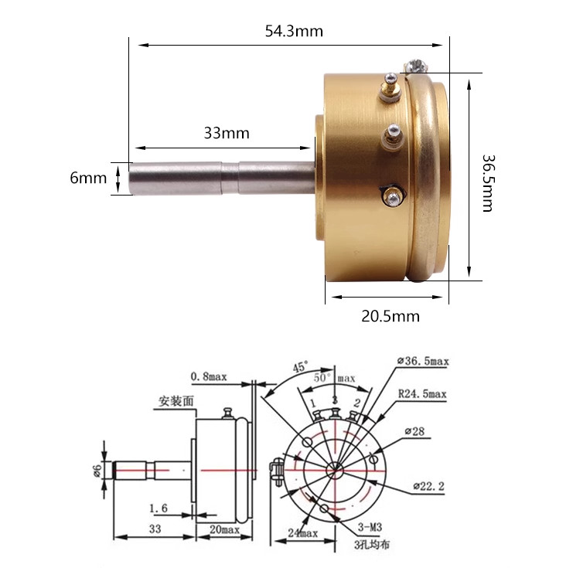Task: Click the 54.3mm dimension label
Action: click(294, 31)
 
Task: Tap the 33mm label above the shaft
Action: click(227, 133)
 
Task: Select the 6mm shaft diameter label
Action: click(88, 178)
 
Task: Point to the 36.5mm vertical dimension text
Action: click(488, 183)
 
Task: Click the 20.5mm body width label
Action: click(391, 316)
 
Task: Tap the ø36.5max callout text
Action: click(423, 361)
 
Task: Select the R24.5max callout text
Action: click(422, 394)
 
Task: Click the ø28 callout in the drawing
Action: click(414, 431)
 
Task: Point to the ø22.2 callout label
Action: click(428, 486)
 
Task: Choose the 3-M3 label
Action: click(370, 527)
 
